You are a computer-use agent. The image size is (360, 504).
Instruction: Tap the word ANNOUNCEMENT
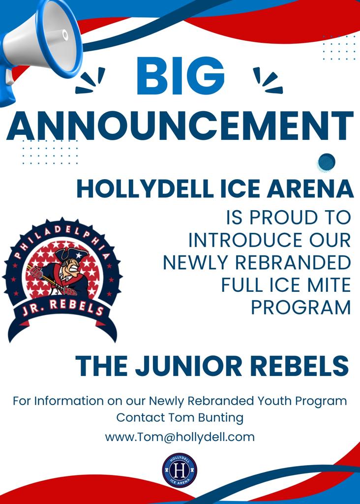[x=180, y=126]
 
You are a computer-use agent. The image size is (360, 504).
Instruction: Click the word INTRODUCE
[x=238, y=240]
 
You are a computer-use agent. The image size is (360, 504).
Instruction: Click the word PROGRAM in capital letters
[x=300, y=308]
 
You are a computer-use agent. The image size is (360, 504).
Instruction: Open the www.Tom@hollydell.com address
[x=180, y=437]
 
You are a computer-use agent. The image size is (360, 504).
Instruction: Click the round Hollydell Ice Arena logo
[x=180, y=470]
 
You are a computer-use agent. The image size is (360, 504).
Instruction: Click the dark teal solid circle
[x=327, y=161]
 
